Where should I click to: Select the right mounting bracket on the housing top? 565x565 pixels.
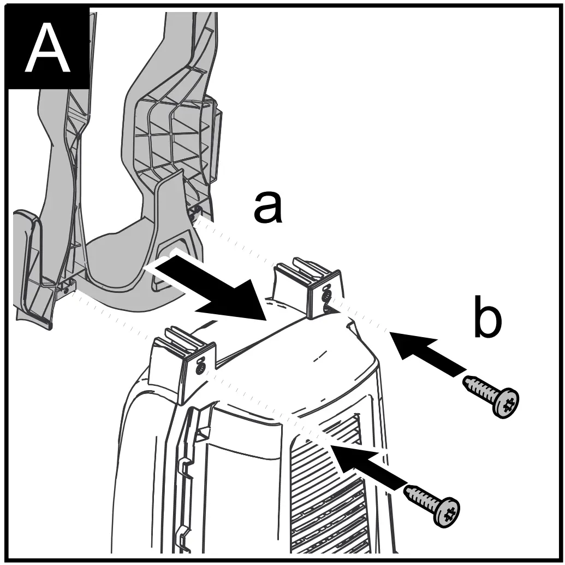coord(309,287)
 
